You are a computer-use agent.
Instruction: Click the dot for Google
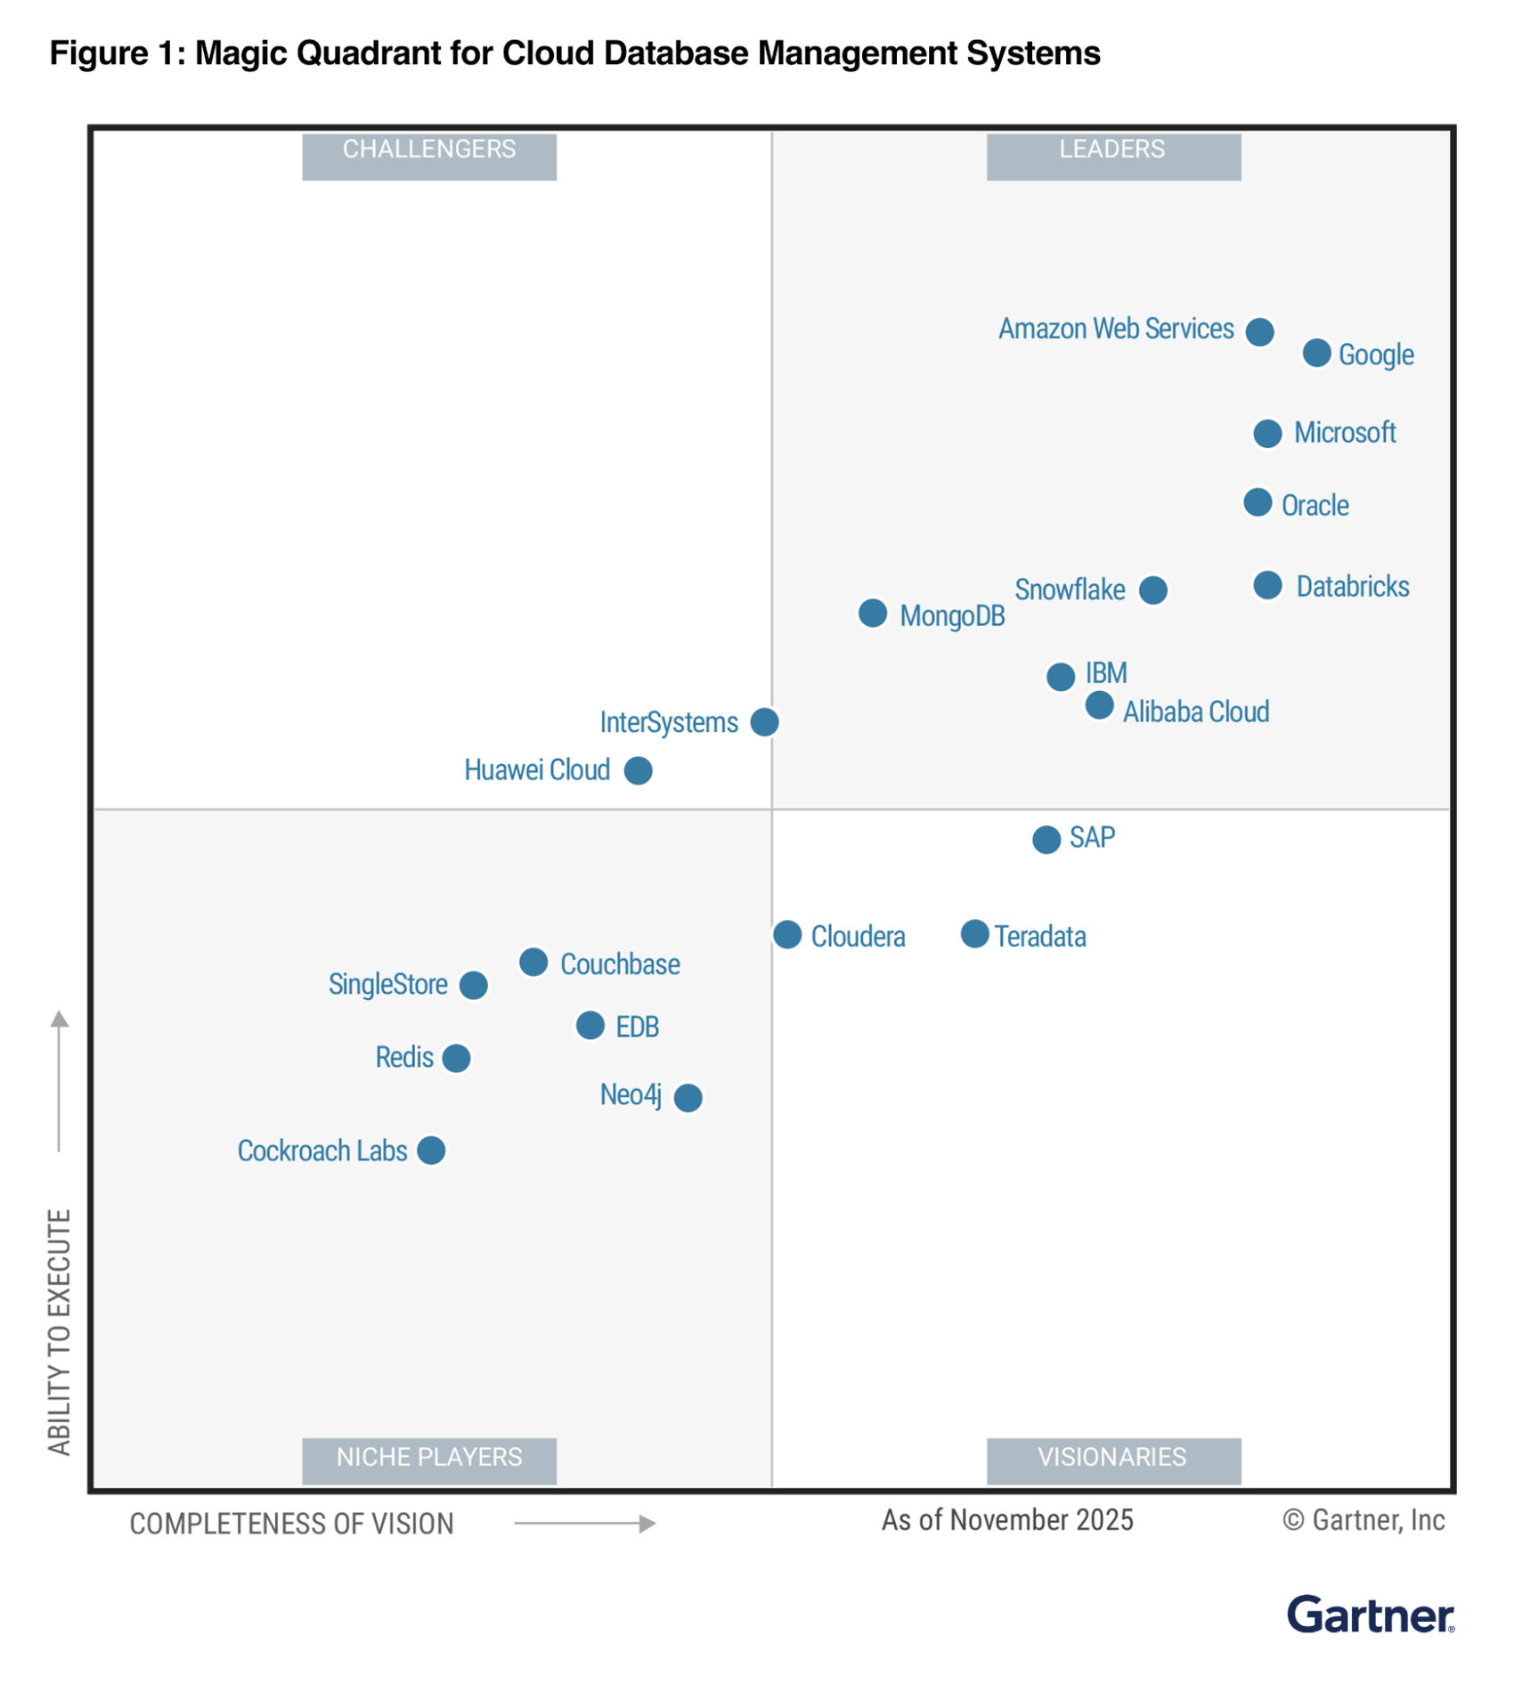click(x=1316, y=353)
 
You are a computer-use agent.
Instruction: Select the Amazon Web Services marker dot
click(x=1258, y=331)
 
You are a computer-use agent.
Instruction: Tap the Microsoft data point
click(x=1267, y=434)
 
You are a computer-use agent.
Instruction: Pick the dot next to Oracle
click(x=1257, y=502)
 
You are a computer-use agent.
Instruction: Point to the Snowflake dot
click(x=1152, y=590)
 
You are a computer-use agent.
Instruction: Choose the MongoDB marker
click(x=872, y=613)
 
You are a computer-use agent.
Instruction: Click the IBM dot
click(x=1060, y=677)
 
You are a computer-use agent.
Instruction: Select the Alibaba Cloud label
click(x=1195, y=712)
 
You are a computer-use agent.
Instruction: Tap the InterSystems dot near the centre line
click(x=764, y=721)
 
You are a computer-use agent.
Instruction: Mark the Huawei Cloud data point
click(x=638, y=770)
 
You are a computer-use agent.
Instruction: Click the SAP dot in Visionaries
click(x=1046, y=839)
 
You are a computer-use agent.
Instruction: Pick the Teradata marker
click(x=974, y=934)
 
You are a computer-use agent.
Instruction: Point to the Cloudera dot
click(x=786, y=934)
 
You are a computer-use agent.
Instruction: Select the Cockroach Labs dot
click(x=431, y=1151)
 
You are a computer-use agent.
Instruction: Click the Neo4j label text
click(x=630, y=1095)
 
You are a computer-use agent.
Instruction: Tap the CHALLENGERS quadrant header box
click(x=429, y=156)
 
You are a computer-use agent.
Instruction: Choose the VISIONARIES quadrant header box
click(x=1112, y=1460)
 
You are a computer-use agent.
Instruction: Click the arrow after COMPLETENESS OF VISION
click(x=585, y=1524)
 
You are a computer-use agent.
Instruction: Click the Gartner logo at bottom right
click(x=1370, y=1615)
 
